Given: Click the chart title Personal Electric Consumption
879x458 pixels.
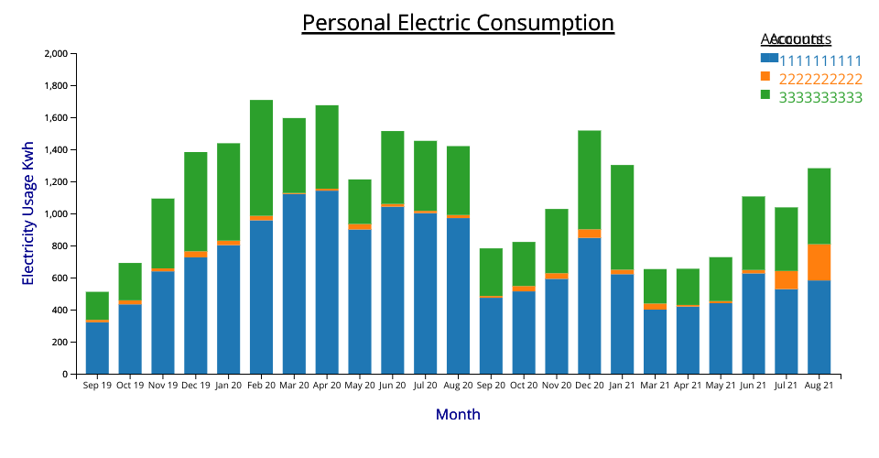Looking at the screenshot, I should click(458, 23).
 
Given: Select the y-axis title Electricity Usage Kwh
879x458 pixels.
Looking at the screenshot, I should click(28, 213).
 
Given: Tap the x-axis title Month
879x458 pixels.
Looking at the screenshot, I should click(458, 414).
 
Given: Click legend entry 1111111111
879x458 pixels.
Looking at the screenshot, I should click(820, 60).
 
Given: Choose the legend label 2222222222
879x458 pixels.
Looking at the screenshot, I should click(820, 79).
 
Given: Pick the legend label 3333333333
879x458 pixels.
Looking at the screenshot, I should click(820, 97).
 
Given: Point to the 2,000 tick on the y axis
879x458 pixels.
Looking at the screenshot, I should click(54, 54).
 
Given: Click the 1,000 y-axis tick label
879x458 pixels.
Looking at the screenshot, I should click(54, 214).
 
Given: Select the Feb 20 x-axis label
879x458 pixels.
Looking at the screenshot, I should click(261, 386).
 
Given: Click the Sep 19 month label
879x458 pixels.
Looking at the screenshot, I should click(97, 386).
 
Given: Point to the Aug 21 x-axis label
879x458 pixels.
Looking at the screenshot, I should click(819, 386).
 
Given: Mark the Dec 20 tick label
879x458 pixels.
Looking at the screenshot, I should click(590, 386).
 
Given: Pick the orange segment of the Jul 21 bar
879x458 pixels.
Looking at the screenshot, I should click(786, 279).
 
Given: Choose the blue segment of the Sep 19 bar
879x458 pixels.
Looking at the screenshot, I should click(97, 348).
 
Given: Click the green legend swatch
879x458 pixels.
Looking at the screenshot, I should click(767, 94).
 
